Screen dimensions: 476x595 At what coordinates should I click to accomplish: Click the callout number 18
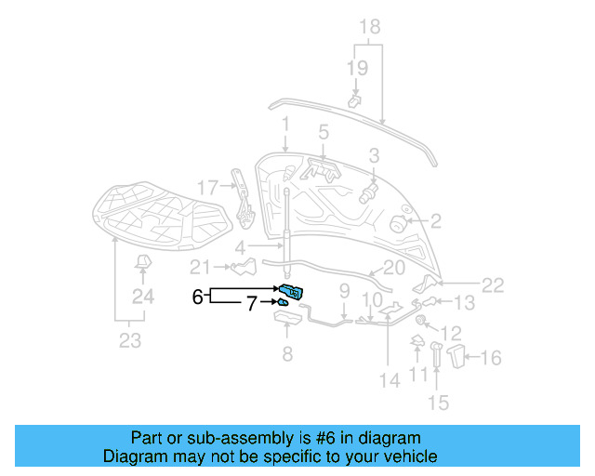[x=370, y=26]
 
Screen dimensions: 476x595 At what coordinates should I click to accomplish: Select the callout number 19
[x=358, y=67]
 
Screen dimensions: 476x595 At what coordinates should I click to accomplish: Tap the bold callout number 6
[x=197, y=297]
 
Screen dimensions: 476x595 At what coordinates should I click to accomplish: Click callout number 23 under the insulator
[x=130, y=341]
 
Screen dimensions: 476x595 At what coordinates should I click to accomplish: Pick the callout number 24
[x=142, y=297]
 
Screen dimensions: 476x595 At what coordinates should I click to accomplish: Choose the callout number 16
[x=491, y=357]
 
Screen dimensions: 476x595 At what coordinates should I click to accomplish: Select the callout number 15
[x=438, y=403]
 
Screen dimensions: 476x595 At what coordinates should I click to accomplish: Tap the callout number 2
[x=434, y=222]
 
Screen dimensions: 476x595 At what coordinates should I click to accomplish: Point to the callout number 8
[x=286, y=354]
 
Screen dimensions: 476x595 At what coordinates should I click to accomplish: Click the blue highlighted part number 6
[x=290, y=292]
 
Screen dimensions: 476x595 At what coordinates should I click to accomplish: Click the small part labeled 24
[x=142, y=264]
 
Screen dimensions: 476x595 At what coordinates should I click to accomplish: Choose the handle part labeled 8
[x=286, y=319]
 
